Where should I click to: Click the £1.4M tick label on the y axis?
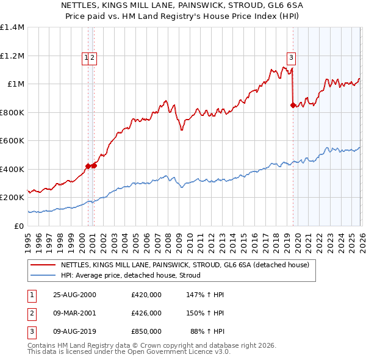coord(12,27)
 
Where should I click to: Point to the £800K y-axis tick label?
coord(12,112)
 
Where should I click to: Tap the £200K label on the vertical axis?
coord(12,198)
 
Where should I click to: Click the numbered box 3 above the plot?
coord(292,58)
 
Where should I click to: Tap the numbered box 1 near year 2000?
coord(87,58)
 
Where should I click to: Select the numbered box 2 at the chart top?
coord(95,58)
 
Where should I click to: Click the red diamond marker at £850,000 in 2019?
coord(293,105)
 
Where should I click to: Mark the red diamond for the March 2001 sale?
coord(95,165)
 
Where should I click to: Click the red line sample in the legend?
coord(44,265)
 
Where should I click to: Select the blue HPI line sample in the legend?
coord(44,275)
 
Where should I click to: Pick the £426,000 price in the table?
coord(146,313)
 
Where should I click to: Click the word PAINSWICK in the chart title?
coord(183,4)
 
